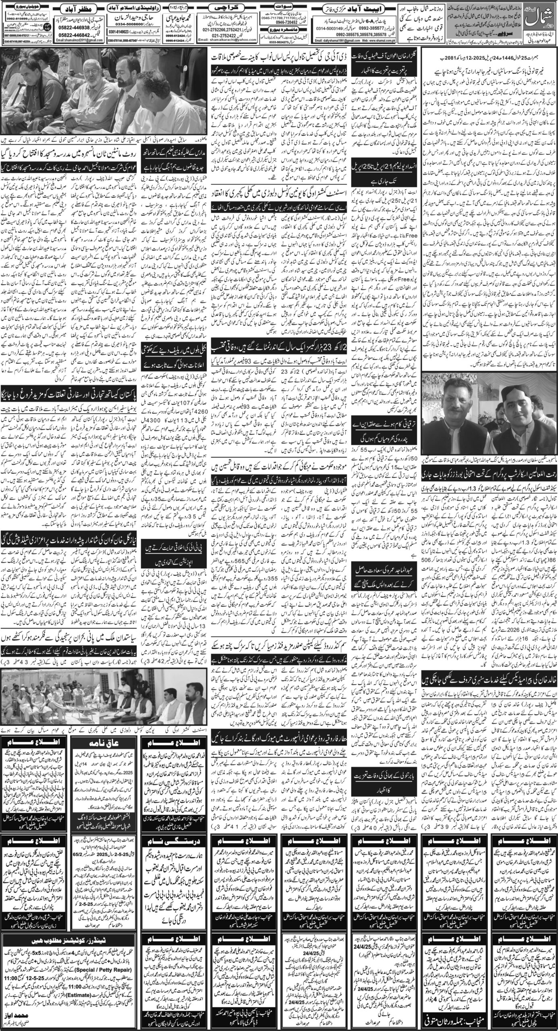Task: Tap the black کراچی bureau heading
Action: point(223,8)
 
